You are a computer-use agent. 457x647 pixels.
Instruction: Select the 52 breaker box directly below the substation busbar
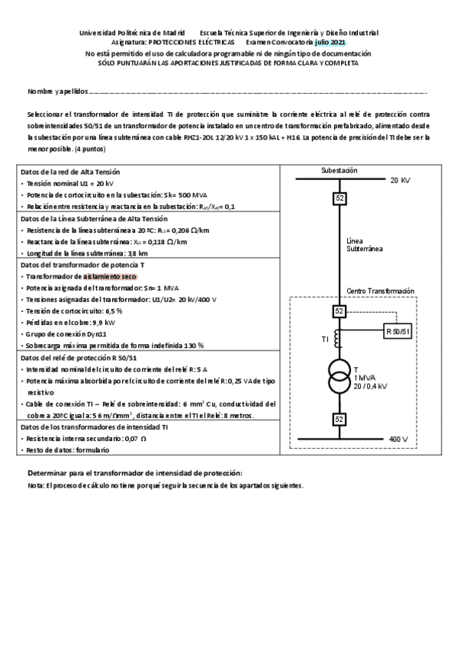(x=339, y=199)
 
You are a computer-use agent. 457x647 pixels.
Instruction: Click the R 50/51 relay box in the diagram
(x=397, y=331)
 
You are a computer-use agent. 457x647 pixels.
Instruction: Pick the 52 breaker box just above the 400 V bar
(x=339, y=419)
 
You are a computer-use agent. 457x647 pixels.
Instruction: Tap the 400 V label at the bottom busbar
(x=400, y=439)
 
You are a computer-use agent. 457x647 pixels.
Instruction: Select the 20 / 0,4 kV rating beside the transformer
(x=371, y=387)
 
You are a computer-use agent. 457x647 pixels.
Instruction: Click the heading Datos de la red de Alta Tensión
(x=70, y=172)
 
